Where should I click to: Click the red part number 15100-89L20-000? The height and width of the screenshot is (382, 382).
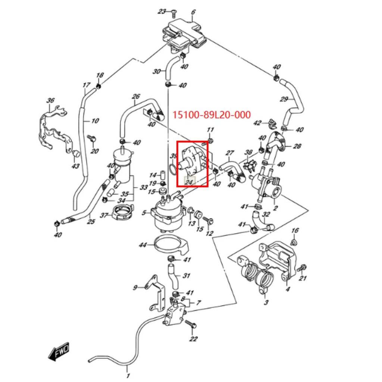(x=212, y=115)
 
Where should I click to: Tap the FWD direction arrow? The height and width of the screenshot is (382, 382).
(x=59, y=351)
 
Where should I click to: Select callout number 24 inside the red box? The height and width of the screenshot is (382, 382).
(x=189, y=182)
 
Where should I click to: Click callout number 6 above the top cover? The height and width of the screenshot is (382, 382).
(x=193, y=12)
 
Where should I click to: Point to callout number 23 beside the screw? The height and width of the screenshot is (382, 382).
(x=162, y=12)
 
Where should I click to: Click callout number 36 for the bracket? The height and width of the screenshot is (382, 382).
(x=51, y=100)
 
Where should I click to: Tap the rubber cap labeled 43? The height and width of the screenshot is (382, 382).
(x=76, y=154)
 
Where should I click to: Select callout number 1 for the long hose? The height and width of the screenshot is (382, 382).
(x=128, y=375)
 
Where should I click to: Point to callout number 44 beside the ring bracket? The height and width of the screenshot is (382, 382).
(x=143, y=245)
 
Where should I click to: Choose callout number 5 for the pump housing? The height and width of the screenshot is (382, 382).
(x=144, y=213)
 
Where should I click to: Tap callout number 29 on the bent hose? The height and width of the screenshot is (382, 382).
(x=284, y=99)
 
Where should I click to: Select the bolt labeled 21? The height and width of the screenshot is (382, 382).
(x=301, y=268)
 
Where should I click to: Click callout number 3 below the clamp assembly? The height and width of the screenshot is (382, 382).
(x=266, y=302)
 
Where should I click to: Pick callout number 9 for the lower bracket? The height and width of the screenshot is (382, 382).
(x=135, y=288)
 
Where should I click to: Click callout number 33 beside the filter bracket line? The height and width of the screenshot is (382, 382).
(x=144, y=187)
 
